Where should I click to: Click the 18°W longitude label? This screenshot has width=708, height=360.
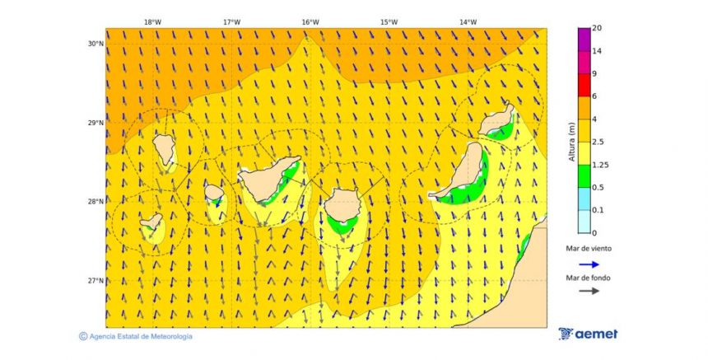pos(152,22)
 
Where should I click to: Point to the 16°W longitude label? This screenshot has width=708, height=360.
pos(310,22)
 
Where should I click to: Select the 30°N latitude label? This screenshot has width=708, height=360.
pos(95,44)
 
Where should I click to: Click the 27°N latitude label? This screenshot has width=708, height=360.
pos(95,281)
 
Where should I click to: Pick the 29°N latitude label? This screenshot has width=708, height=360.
pos(95,123)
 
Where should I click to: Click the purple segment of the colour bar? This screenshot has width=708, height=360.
pos(584,39)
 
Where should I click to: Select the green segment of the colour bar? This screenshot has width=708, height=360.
pos(584,175)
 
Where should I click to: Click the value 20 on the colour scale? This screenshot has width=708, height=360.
pos(597,28)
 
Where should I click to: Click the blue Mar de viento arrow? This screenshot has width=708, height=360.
pos(588,264)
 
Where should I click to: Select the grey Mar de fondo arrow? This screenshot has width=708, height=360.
pos(588,291)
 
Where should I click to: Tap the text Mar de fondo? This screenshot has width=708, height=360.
pos(588,278)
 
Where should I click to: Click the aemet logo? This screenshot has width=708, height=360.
pos(588,334)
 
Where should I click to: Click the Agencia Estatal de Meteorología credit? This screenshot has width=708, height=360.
pos(136,336)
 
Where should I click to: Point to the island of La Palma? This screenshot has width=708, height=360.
pos(164,148)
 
